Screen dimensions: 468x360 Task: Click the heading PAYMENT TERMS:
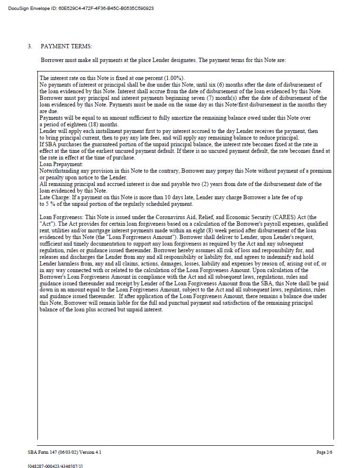[x=66, y=46]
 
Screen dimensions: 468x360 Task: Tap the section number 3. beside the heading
[x=30, y=46]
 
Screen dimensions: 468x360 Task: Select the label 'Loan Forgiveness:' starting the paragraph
[x=61, y=217]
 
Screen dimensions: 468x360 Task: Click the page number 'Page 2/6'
[x=324, y=452]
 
